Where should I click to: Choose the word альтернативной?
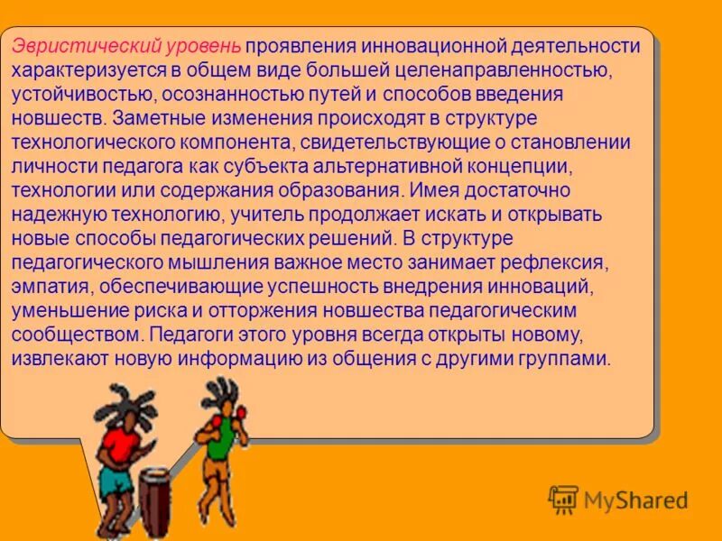tap(435, 167)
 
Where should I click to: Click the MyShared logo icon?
tap(563, 500)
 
